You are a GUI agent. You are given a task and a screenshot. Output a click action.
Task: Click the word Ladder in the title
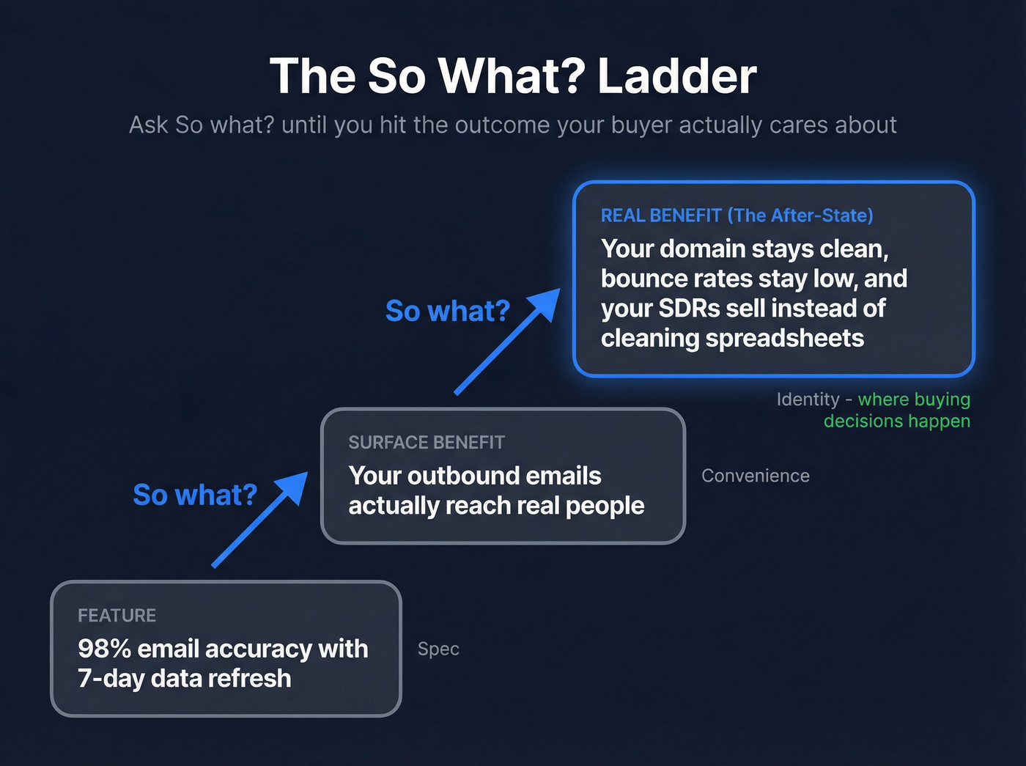(x=676, y=76)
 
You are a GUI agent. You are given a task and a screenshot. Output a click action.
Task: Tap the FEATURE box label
(x=117, y=616)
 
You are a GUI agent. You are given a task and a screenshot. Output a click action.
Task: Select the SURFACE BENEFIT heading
(x=427, y=443)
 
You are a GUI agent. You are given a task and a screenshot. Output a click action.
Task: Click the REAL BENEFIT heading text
(x=661, y=216)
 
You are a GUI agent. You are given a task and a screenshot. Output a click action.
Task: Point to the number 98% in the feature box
(x=104, y=649)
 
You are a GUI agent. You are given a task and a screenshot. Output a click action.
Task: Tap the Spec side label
(x=438, y=649)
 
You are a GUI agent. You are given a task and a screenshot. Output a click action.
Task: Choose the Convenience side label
(x=755, y=476)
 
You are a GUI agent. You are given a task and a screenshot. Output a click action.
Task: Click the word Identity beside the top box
(x=808, y=399)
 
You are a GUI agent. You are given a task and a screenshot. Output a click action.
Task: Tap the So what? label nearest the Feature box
(x=195, y=496)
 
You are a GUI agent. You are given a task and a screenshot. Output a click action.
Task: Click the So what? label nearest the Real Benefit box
(x=447, y=312)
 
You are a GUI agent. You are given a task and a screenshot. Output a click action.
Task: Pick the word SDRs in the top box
(x=689, y=309)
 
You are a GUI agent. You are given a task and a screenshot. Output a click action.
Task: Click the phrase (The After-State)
(x=800, y=216)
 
